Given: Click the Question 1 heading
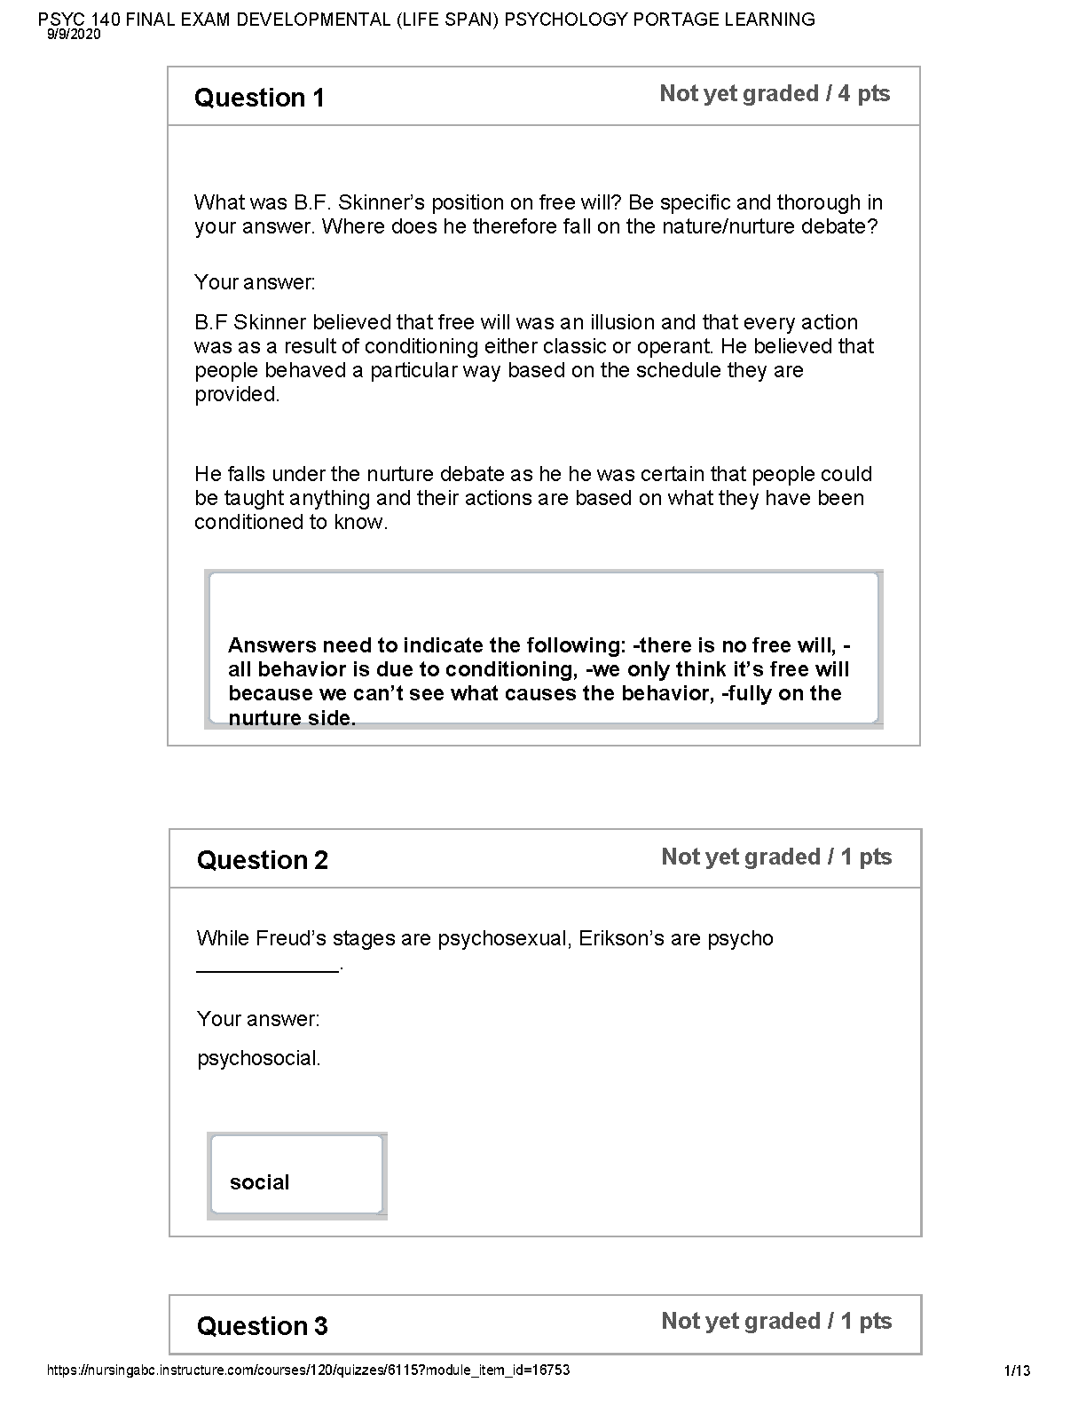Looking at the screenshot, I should (259, 98).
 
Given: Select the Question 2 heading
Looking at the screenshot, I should (262, 860).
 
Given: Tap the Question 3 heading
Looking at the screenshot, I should (262, 1326).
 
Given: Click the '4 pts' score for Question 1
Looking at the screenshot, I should (864, 94).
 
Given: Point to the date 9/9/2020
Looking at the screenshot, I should (74, 35).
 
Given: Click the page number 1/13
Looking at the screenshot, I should (1018, 1370).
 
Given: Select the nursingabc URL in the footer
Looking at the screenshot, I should (308, 1370).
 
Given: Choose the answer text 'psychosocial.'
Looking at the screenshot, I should (258, 1058).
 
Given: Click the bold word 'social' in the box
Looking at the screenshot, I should (259, 1182).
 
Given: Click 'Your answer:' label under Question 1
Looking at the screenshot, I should (255, 282).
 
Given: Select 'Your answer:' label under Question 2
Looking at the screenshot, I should (258, 1019).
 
